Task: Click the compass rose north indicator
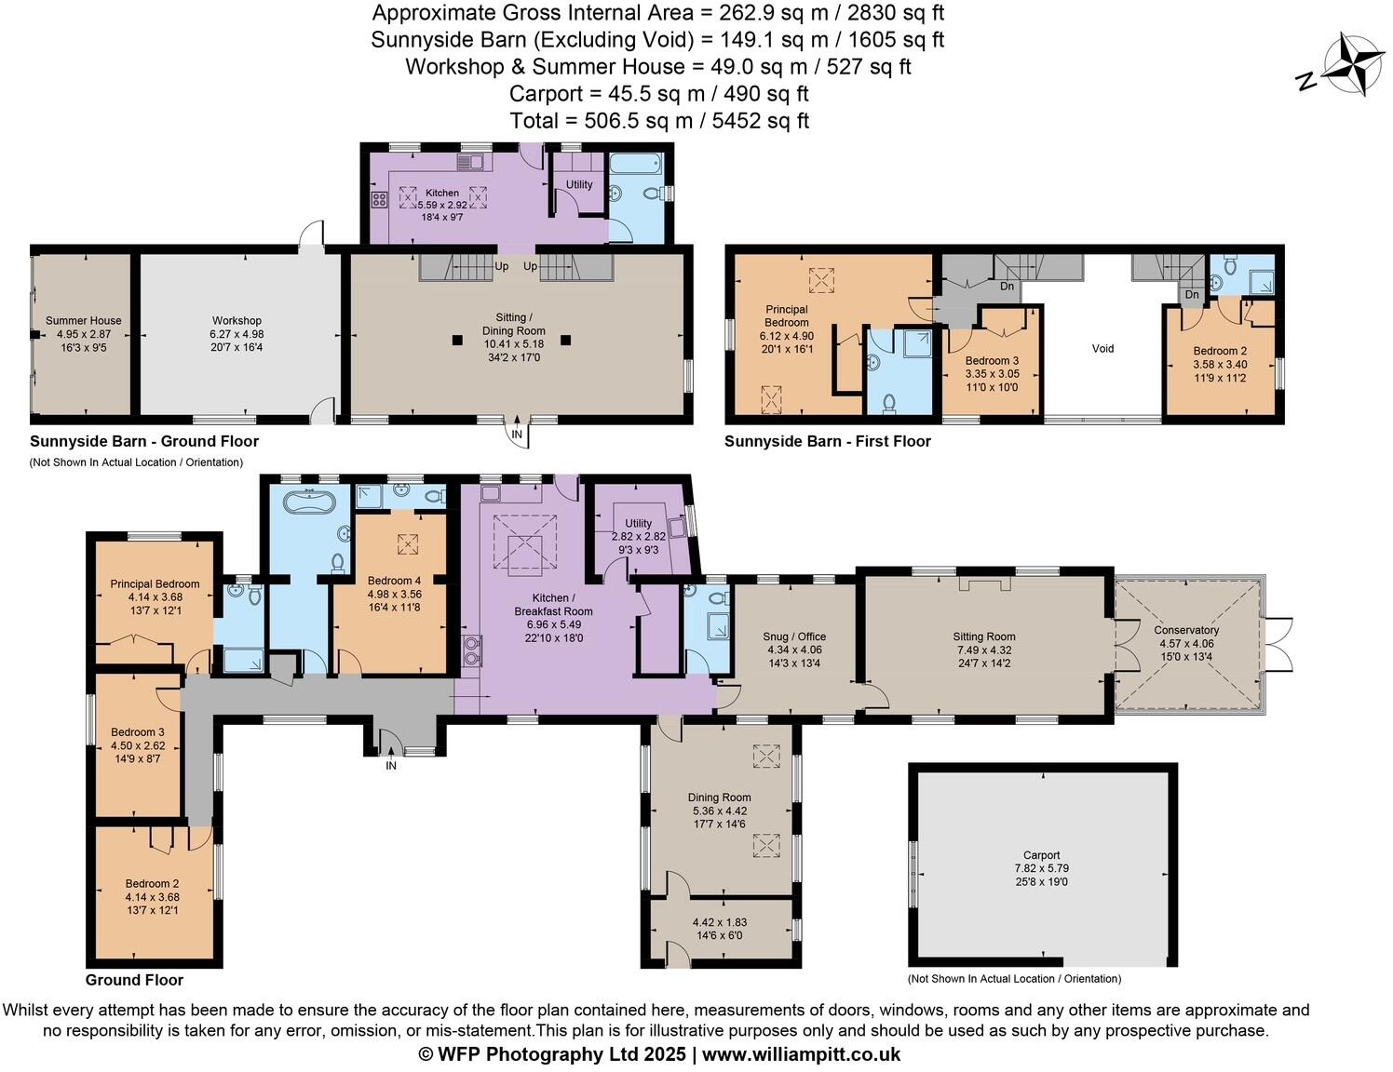pos(1307,82)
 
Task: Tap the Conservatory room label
pos(1188,630)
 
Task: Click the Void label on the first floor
pos(1102,349)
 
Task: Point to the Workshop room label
pos(237,321)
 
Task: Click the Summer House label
pos(84,321)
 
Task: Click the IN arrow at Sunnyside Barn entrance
pos(517,433)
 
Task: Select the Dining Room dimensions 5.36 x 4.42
pos(719,811)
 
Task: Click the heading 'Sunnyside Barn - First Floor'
pos(827,441)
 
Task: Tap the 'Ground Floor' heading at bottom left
pos(134,980)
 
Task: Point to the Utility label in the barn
pos(579,184)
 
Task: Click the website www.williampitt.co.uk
pos(801,1054)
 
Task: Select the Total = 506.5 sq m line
pos(658,121)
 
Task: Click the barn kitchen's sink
pos(470,163)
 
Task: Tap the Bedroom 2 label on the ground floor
pos(152,884)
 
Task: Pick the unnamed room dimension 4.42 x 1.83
pos(719,922)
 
